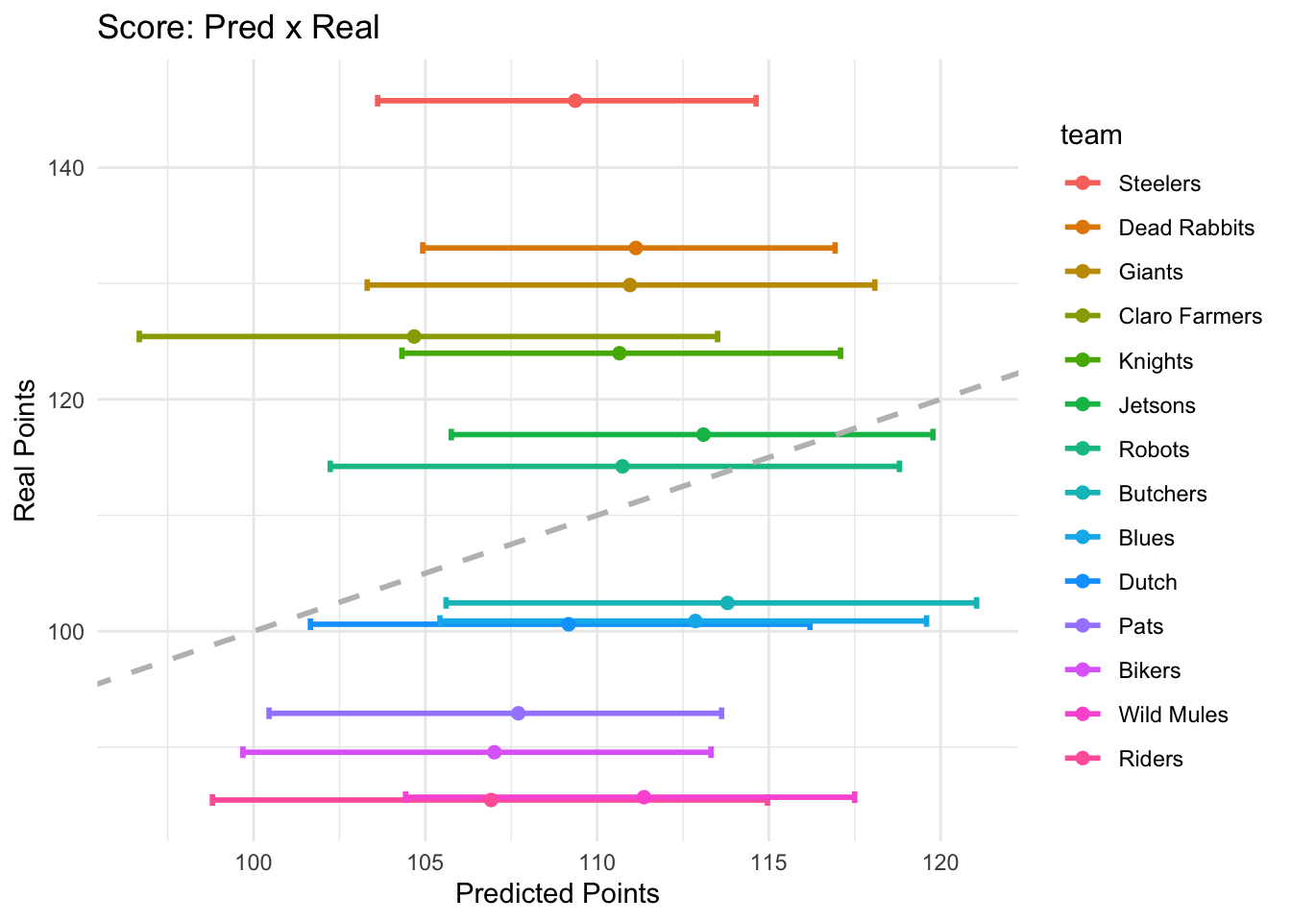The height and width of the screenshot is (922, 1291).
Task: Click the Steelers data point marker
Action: (574, 101)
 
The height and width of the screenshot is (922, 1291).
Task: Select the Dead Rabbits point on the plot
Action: (635, 248)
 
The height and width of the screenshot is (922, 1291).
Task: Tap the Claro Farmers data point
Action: (414, 336)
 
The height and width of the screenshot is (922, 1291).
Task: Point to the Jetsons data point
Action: (703, 435)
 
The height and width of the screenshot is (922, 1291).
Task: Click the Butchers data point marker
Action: (727, 603)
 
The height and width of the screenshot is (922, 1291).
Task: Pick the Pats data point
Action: (519, 713)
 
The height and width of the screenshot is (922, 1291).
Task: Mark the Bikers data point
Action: (494, 752)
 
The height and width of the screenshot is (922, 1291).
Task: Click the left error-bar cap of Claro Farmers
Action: (139, 336)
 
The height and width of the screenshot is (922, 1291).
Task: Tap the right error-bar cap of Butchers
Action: (976, 603)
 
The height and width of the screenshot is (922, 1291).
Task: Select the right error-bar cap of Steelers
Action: (756, 101)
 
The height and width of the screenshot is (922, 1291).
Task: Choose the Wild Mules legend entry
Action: (1173, 715)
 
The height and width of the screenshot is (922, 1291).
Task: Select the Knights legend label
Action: (1156, 361)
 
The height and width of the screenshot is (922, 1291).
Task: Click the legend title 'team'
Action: (1091, 135)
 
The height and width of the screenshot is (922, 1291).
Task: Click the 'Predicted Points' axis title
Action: (557, 894)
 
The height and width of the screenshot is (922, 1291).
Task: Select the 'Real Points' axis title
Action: (26, 451)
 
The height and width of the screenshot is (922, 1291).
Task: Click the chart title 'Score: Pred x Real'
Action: (238, 27)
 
